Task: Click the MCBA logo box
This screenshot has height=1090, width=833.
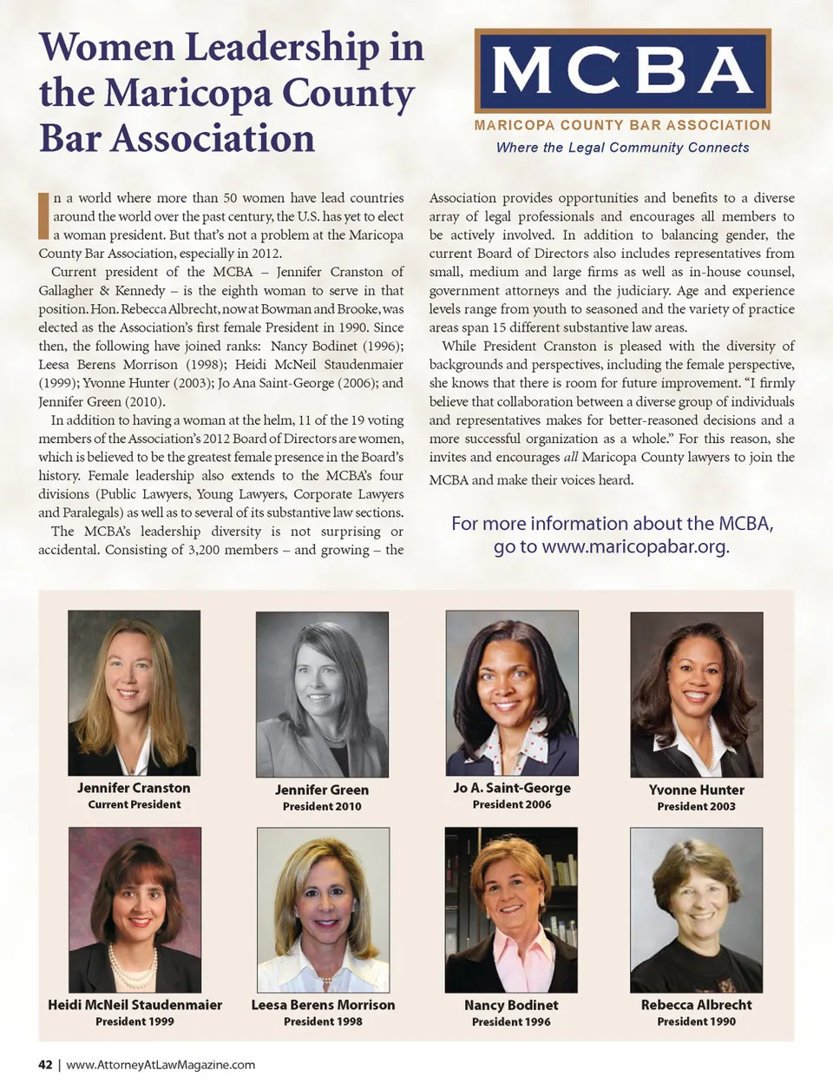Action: [622, 70]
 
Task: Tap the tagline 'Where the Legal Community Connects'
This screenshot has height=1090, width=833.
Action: [622, 148]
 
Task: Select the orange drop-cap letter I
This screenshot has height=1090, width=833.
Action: [43, 216]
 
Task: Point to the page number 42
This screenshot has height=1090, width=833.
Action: [45, 1065]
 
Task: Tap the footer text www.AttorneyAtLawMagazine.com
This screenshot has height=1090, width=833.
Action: [161, 1065]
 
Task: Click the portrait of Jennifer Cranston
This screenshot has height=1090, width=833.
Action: [134, 692]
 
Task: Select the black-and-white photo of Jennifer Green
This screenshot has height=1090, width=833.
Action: [322, 694]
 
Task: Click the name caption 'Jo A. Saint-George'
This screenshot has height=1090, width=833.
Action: [512, 788]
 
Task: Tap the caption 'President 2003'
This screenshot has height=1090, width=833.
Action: [696, 806]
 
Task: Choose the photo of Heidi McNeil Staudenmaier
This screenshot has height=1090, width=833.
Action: [134, 909]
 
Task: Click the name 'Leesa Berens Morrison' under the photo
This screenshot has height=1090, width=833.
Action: [323, 1005]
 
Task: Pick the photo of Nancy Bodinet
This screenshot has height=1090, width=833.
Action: [511, 909]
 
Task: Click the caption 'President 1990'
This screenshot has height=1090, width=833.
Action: [696, 1021]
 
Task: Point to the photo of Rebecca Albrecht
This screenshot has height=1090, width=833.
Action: [696, 909]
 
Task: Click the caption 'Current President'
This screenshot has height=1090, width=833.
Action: [134, 804]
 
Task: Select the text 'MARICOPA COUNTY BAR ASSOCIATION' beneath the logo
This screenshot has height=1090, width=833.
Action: [622, 125]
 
